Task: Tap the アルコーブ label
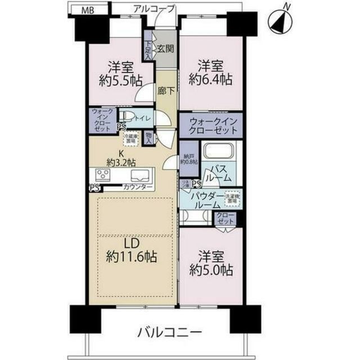click(x=154, y=8)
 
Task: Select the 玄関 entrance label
click(x=165, y=49)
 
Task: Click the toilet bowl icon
click(x=128, y=118)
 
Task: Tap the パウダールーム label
click(x=204, y=201)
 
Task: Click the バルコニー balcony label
click(x=167, y=333)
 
